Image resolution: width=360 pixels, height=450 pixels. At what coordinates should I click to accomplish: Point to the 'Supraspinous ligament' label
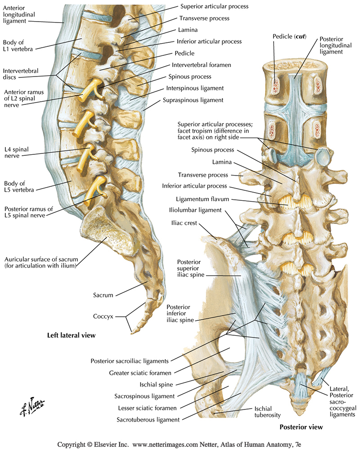tap(195, 100)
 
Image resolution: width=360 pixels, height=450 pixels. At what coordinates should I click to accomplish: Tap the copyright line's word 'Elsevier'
tap(104, 444)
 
